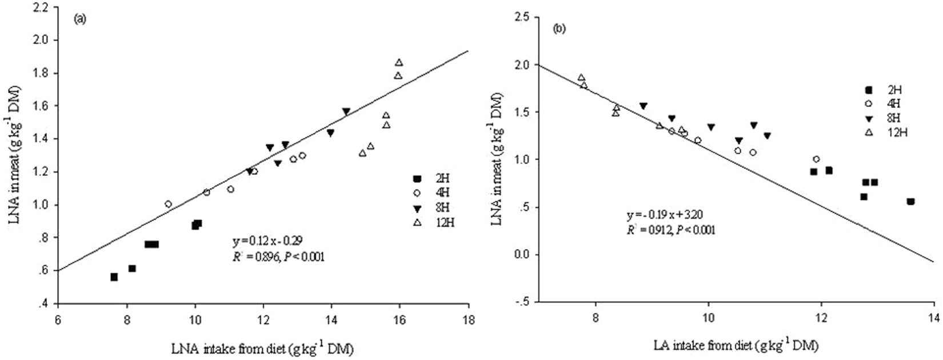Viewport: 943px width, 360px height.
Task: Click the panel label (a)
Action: point(79,19)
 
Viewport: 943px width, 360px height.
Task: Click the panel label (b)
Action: point(559,29)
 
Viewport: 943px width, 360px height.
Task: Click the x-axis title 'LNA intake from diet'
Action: point(262,348)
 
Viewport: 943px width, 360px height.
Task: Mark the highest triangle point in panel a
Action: point(399,62)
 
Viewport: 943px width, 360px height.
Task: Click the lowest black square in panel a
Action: point(114,277)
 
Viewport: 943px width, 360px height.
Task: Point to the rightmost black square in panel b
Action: point(910,201)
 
